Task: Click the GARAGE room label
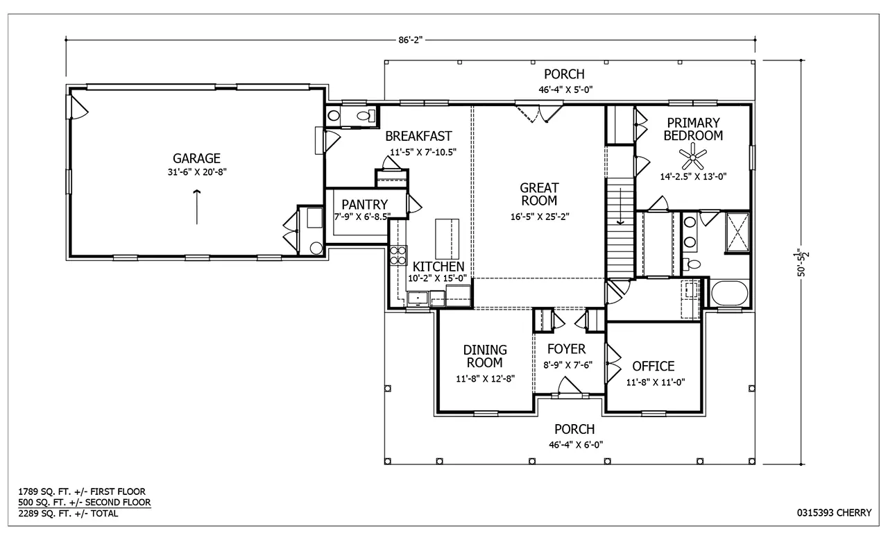coord(196,158)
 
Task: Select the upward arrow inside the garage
coord(197,207)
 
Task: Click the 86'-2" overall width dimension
coord(411,40)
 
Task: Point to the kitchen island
coord(447,238)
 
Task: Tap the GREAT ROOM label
coord(539,194)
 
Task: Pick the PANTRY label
coord(364,205)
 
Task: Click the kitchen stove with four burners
coord(398,255)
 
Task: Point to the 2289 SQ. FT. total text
coord(68,514)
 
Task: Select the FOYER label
coord(565,349)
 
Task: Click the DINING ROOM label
coord(485,356)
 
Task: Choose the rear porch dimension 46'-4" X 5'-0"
coord(563,89)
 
